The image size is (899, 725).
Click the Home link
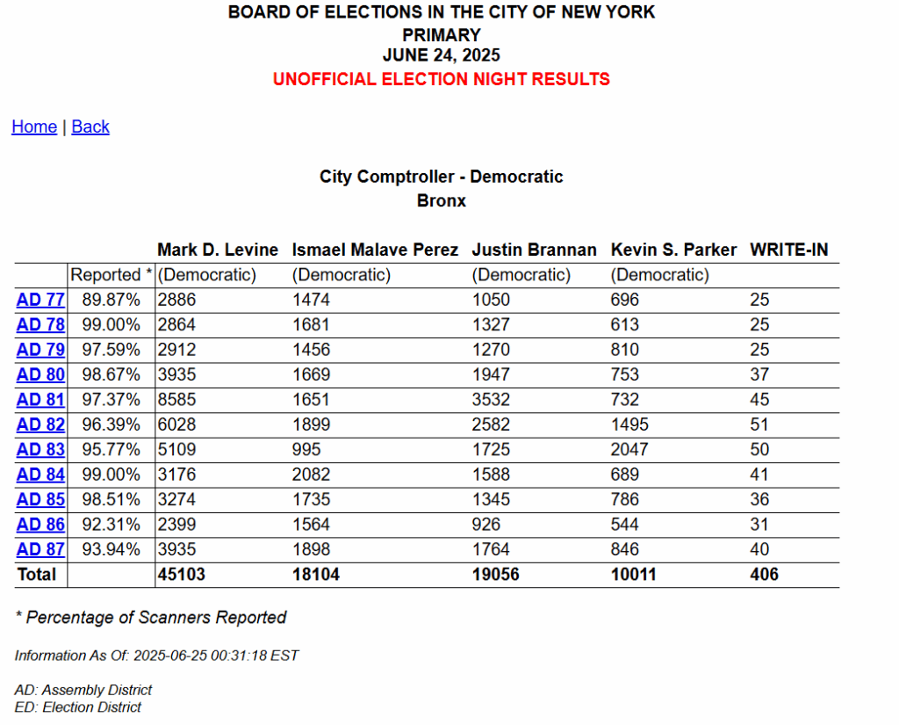[34, 127]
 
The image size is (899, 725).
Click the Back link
[90, 127]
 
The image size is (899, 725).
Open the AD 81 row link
[40, 400]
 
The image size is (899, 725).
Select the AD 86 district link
[40, 525]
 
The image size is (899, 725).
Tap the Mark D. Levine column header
[218, 250]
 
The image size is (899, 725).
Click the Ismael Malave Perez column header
[375, 250]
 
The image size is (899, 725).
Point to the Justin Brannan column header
[534, 250]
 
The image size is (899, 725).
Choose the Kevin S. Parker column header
[673, 250]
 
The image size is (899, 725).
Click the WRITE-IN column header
[788, 250]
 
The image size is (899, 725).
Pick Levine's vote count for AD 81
[177, 400]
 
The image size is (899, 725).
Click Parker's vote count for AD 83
[629, 450]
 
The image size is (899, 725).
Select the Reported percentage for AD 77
[111, 300]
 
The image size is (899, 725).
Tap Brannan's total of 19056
[496, 575]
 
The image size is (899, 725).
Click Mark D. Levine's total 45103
[182, 575]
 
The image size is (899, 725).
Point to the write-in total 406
[764, 575]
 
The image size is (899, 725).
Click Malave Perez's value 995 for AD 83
[306, 450]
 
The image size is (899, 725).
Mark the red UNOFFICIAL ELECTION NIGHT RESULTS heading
[441, 79]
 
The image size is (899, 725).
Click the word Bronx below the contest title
[441, 200]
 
